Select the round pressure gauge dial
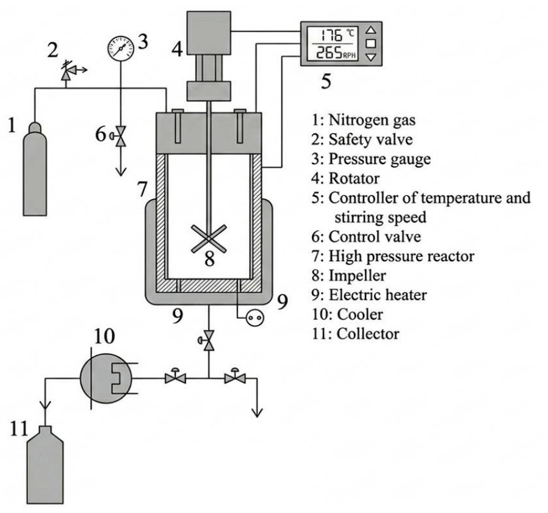click(x=121, y=47)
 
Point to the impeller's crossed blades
click(x=209, y=239)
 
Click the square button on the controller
click(x=370, y=43)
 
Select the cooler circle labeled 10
click(x=106, y=378)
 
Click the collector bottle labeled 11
click(x=45, y=465)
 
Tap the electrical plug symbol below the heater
click(x=255, y=318)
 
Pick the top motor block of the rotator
click(x=209, y=33)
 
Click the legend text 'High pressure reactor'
click(x=401, y=256)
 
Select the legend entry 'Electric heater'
click(x=378, y=295)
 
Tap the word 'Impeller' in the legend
click(x=357, y=276)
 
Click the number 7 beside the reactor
click(x=142, y=189)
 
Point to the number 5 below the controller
click(x=326, y=81)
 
